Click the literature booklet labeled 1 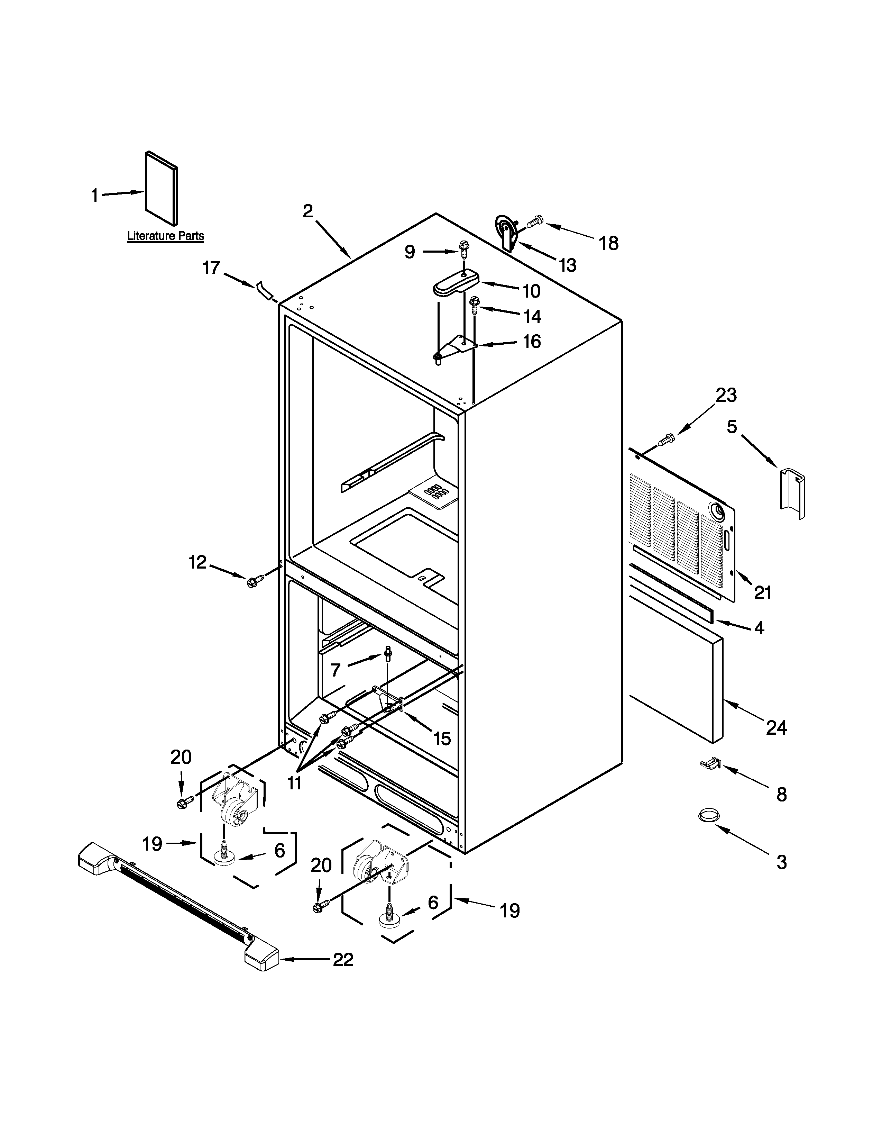160,188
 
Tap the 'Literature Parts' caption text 166,236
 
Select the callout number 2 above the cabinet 308,211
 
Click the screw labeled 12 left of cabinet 255,580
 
